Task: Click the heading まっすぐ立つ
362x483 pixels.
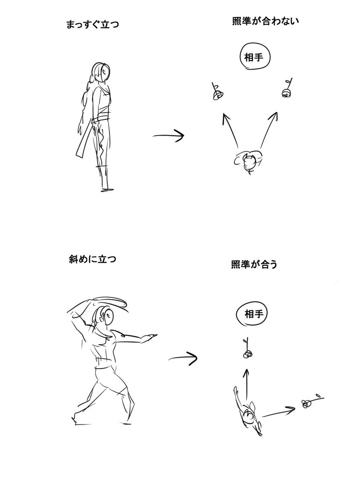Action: coord(93,24)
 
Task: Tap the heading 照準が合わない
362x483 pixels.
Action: coord(265,21)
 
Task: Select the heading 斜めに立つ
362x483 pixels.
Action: coord(93,259)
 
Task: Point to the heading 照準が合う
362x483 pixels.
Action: coord(254,264)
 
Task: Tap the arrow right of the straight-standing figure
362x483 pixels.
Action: coord(169,136)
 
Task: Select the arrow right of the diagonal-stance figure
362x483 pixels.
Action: coord(183,358)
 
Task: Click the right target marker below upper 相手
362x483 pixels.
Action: coord(287,88)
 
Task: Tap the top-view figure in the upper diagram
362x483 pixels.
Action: coord(248,162)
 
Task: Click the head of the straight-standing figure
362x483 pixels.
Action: coord(103,72)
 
